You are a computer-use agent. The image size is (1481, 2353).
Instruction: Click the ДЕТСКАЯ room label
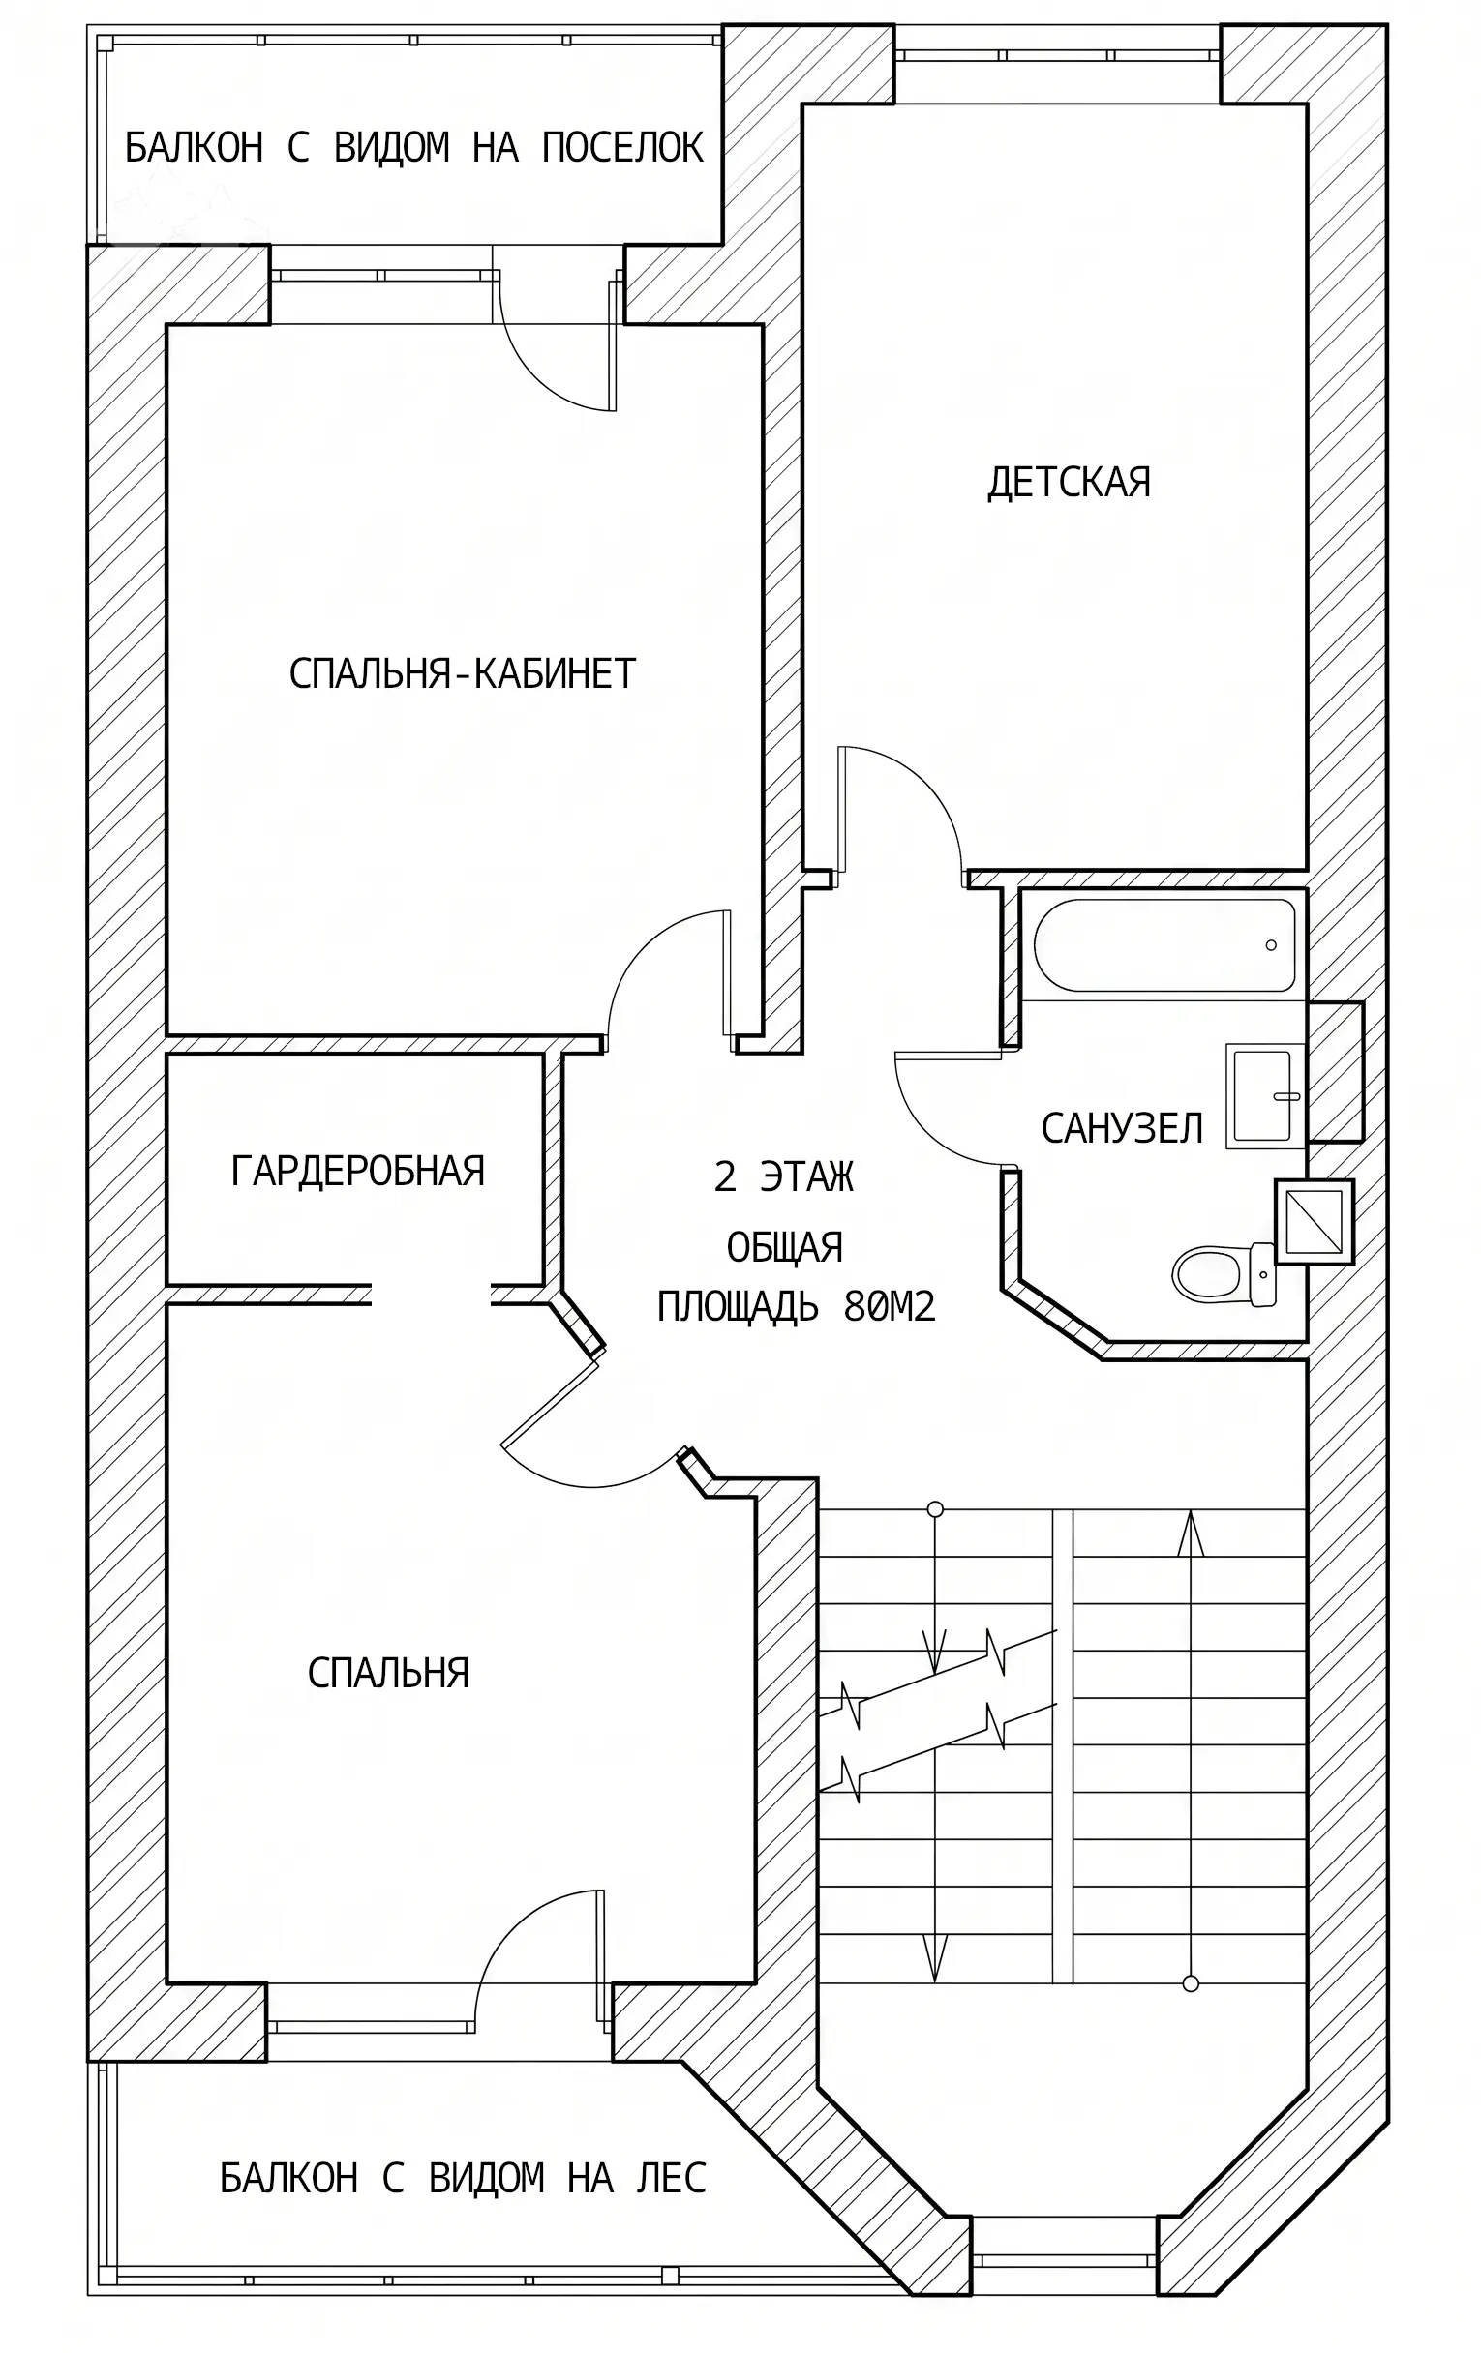(x=1069, y=483)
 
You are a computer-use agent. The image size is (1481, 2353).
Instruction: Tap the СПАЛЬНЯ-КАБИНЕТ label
(x=463, y=673)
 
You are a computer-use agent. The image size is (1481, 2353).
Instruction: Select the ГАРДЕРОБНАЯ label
(x=358, y=1170)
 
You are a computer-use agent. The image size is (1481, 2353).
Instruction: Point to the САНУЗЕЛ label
(x=1121, y=1129)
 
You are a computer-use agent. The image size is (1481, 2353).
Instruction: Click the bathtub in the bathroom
(x=1164, y=945)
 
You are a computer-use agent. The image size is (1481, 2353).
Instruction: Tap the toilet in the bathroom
(x=1224, y=1274)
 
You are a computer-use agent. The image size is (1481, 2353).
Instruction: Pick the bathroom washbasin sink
(x=1266, y=1095)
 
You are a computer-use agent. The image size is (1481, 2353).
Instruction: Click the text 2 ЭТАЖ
(x=784, y=1177)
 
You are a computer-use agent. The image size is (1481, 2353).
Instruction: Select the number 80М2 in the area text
(x=890, y=1306)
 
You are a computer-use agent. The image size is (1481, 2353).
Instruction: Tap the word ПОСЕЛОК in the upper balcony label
(x=622, y=148)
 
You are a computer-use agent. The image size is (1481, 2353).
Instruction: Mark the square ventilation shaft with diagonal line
(x=1314, y=1221)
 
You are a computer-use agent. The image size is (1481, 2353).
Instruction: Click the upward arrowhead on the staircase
(x=1190, y=1534)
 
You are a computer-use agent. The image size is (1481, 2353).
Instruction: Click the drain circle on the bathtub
(x=1271, y=945)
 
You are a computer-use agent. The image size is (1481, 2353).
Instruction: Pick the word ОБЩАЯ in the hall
(x=785, y=1248)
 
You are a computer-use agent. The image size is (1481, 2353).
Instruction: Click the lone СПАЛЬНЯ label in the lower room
(x=388, y=1673)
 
